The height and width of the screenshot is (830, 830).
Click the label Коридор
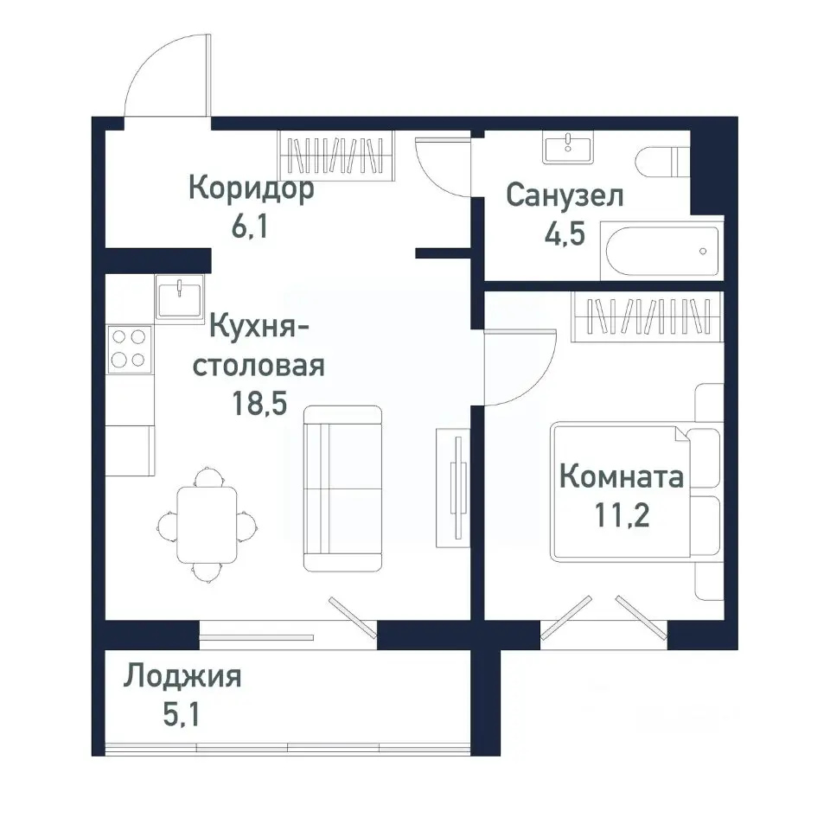[x=251, y=188]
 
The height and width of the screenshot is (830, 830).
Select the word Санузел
[x=565, y=195]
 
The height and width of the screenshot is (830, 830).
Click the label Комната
[x=622, y=476]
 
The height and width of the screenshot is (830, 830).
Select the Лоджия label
[x=182, y=676]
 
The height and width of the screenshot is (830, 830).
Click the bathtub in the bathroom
[x=661, y=252]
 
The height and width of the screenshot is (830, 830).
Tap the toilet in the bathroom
[x=661, y=162]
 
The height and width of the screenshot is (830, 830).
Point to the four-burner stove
[x=129, y=349]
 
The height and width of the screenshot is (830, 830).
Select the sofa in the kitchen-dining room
[x=342, y=488]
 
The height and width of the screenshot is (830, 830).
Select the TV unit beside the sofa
[x=453, y=486]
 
